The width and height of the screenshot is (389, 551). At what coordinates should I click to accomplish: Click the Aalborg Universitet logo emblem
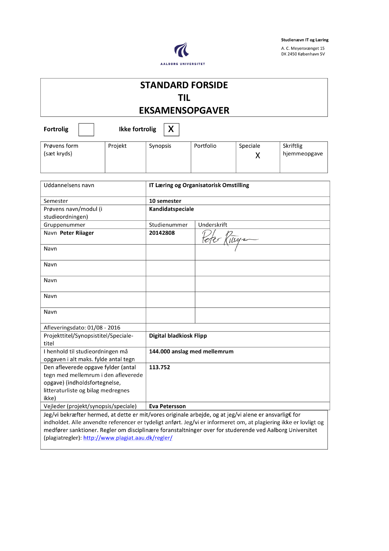182,50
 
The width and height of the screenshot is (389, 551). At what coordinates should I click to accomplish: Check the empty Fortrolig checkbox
86,130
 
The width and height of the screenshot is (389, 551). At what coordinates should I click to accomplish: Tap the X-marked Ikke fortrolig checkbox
171,130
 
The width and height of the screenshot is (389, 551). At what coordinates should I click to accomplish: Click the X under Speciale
258,155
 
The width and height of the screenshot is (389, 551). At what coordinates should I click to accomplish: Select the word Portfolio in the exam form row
205,146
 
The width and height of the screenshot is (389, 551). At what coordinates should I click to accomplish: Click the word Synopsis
160,146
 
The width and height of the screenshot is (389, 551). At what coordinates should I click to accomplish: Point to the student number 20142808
162,233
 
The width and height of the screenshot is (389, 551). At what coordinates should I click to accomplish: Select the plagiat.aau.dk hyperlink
128,438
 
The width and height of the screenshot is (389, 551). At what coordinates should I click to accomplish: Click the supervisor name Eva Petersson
167,406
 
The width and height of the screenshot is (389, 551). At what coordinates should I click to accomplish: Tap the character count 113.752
159,367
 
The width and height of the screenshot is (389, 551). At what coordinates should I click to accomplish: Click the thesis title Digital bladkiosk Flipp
178,336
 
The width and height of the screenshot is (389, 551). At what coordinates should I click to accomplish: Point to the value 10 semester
165,201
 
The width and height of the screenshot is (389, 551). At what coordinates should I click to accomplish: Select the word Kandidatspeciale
171,209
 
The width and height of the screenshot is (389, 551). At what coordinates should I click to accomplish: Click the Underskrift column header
212,225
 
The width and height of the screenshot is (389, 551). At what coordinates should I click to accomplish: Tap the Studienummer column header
168,225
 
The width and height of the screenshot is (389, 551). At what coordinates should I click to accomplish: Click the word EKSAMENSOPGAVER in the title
184,111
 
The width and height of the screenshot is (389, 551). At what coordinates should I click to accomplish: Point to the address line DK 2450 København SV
303,54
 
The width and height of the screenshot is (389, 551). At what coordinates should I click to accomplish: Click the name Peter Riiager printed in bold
77,233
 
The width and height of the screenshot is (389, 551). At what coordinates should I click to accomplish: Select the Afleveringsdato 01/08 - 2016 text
82,328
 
